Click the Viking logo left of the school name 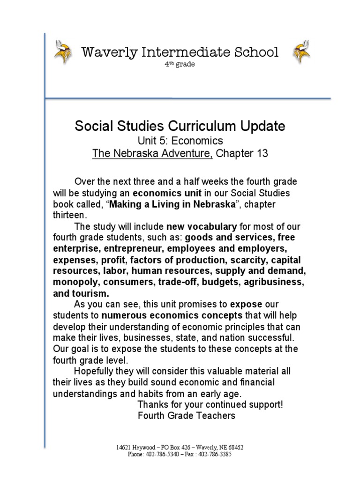[x=61, y=52]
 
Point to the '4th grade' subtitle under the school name [x=180, y=64]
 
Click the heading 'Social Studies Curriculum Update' [x=180, y=126]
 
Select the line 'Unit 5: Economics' [x=180, y=141]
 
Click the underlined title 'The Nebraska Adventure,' [x=152, y=154]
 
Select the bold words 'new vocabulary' [x=197, y=227]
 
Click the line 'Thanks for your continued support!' [x=210, y=404]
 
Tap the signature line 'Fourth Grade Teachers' [x=187, y=415]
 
